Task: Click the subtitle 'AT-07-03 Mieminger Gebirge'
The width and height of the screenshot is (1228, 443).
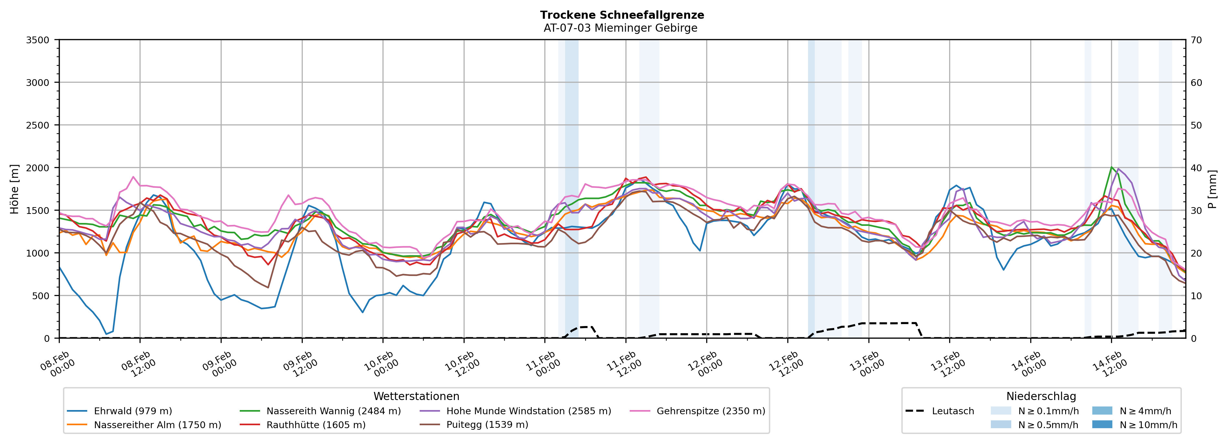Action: pos(620,28)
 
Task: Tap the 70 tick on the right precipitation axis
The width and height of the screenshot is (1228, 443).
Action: pos(1196,40)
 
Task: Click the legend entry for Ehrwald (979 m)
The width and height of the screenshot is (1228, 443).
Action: pos(132,411)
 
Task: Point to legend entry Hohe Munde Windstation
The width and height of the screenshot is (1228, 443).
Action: pos(528,411)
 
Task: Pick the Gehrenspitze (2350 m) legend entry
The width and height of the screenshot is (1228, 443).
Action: pos(710,411)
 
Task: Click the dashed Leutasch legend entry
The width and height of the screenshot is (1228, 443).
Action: pos(952,411)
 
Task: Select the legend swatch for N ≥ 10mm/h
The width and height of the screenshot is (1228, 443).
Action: pos(1102,424)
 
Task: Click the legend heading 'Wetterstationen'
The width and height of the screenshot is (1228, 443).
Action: pos(416,396)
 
